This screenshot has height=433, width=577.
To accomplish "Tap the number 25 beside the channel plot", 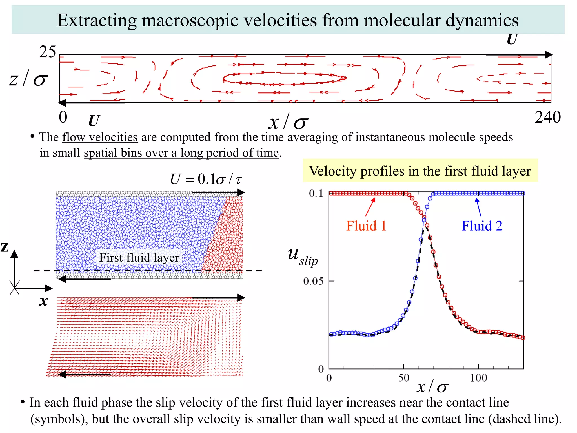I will pos(47,52).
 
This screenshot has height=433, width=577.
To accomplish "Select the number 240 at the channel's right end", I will pos(547,117).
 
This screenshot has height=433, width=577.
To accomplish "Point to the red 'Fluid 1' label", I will pos(366,226).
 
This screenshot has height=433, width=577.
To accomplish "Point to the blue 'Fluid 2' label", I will pos(482,226).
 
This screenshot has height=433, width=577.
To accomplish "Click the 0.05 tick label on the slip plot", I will pos(314,281).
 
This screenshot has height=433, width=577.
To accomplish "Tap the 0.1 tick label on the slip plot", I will pos(316,193).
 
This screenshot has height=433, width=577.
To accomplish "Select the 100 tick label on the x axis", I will pos(478,378).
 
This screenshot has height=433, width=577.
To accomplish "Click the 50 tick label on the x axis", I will pos(403,378).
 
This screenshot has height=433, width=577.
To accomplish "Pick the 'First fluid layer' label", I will pos(139,257).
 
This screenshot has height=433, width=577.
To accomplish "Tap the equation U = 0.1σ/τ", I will pos(206,179).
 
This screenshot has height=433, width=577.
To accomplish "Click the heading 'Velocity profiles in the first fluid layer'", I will pos(420,171).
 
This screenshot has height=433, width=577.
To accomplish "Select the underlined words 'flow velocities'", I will pos(100,137).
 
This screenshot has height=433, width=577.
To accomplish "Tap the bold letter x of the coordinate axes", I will pos(43,301).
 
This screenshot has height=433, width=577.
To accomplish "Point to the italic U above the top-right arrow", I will pos(512,39).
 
